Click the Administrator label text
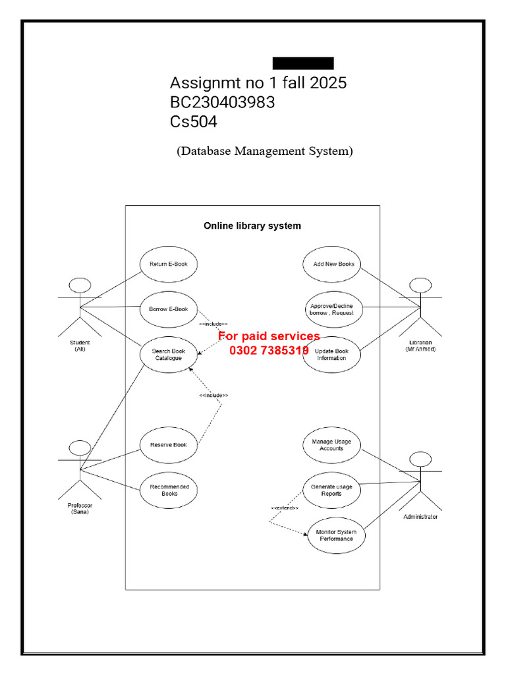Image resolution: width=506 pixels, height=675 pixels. pyautogui.click(x=420, y=517)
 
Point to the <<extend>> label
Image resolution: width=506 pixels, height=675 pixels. pyautogui.click(x=285, y=508)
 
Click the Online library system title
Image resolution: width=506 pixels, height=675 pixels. pyautogui.click(x=252, y=226)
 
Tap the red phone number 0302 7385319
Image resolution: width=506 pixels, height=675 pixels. pyautogui.click(x=269, y=351)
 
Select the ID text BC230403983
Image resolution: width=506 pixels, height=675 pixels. pyautogui.click(x=223, y=102)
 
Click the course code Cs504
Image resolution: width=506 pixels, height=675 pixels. pyautogui.click(x=194, y=122)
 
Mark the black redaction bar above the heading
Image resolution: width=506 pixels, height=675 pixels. pyautogui.click(x=303, y=63)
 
